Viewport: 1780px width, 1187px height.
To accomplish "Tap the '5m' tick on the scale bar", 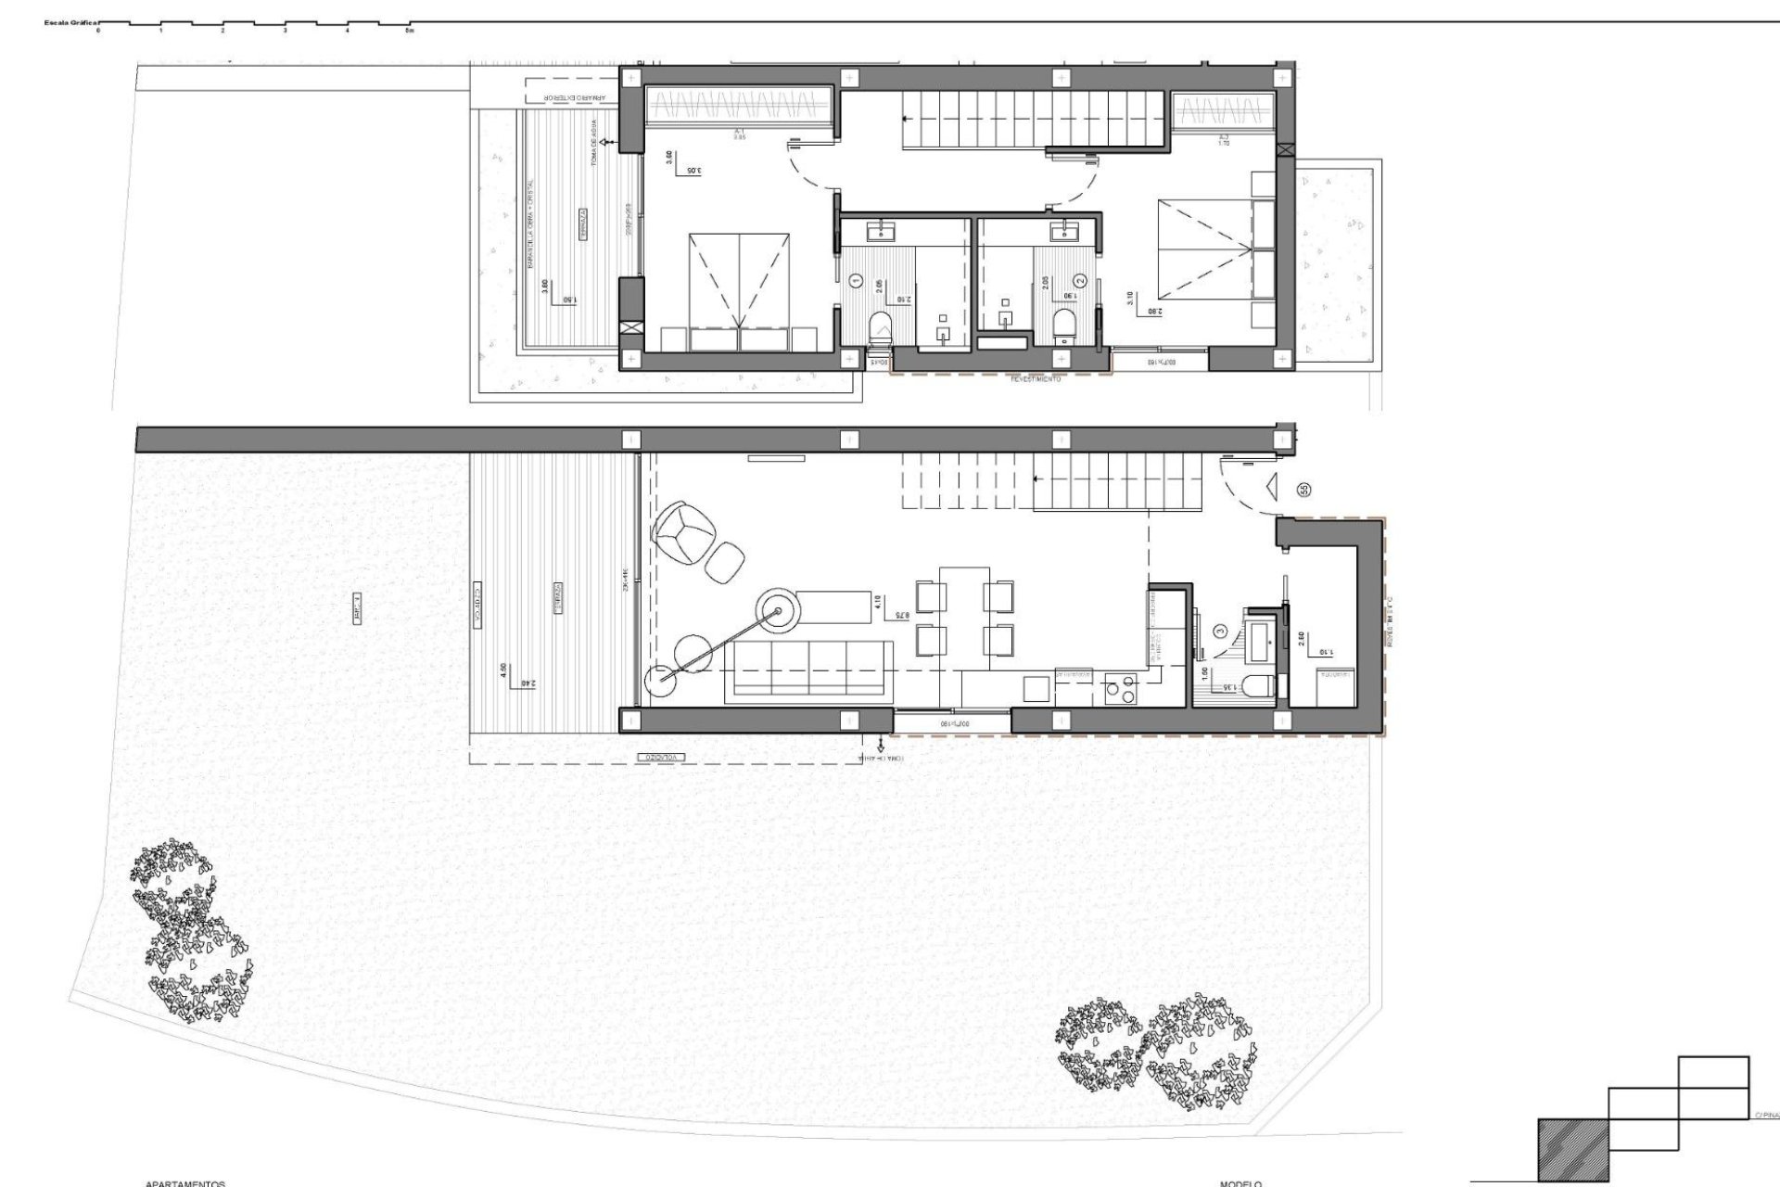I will (x=410, y=31).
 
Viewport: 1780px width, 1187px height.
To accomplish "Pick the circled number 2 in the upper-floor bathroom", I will (x=1079, y=279).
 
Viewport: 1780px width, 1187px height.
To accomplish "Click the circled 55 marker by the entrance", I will (x=1304, y=490).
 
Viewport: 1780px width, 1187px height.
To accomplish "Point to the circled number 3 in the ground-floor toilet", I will (x=1221, y=632).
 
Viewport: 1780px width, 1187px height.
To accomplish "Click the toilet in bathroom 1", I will (x=879, y=327).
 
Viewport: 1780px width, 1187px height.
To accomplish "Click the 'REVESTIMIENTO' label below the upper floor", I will (x=1036, y=378).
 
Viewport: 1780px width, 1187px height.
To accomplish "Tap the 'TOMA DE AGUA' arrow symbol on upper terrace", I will (x=604, y=143).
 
